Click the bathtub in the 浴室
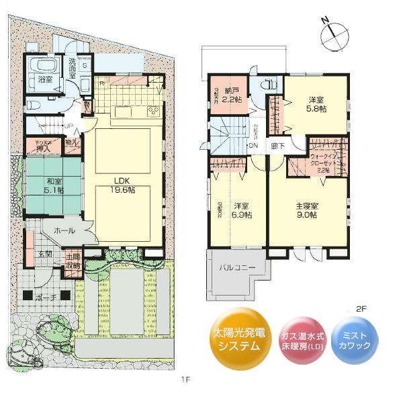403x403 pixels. click(45, 67)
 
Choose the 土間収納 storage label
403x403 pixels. click(74, 261)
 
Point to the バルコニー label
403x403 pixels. click(238, 268)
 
